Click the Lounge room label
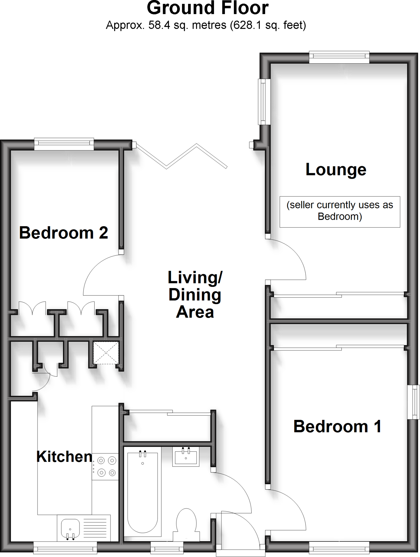(336, 170)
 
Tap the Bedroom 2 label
(64, 233)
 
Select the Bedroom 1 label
(337, 426)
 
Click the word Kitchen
(64, 457)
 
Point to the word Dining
(195, 295)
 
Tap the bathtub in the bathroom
(142, 492)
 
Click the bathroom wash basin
(186, 457)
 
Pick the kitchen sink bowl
(70, 528)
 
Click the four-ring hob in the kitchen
(106, 466)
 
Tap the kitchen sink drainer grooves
(95, 527)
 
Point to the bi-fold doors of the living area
(181, 156)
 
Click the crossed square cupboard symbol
(106, 352)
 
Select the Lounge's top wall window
(339, 57)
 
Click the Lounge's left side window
(264, 102)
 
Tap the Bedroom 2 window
(64, 144)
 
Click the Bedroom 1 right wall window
(414, 402)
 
